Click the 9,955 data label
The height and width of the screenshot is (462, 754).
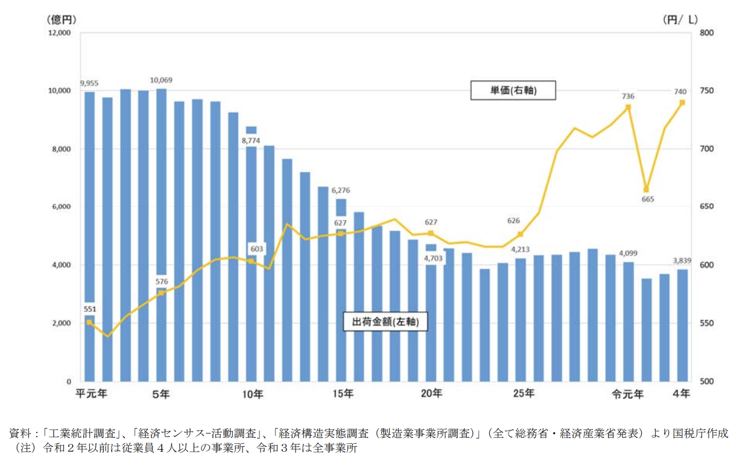[x=89, y=83]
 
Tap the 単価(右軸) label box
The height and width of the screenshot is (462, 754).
[x=513, y=91]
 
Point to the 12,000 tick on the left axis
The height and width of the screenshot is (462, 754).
[x=59, y=33]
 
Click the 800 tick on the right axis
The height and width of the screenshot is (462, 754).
[x=706, y=33]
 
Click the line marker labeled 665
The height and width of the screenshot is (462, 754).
[x=646, y=189]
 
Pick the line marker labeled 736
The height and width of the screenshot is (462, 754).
[x=628, y=107]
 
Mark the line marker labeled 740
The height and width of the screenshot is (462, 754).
[x=682, y=103]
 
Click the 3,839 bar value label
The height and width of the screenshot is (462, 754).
[x=682, y=261]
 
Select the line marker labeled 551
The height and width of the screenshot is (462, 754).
[x=89, y=322]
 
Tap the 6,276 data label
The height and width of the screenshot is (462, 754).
[x=340, y=190]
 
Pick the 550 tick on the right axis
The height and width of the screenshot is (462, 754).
[x=706, y=323]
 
